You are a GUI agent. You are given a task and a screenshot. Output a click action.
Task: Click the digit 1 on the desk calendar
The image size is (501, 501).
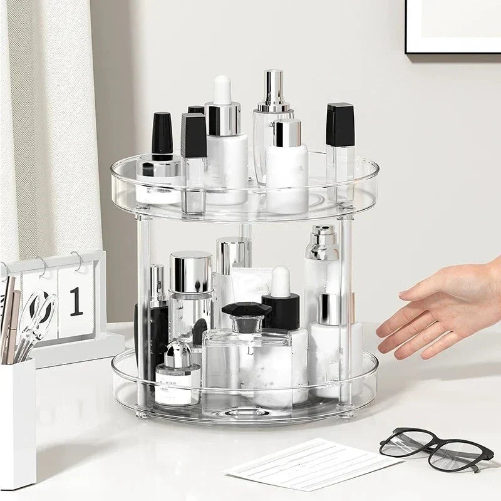[x=76, y=302]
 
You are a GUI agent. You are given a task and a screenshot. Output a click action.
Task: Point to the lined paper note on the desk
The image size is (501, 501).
[x=313, y=464]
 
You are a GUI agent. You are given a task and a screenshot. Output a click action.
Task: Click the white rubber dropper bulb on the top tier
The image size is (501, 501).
[x=222, y=90]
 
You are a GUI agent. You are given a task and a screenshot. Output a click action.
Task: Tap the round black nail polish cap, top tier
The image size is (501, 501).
[x=162, y=133]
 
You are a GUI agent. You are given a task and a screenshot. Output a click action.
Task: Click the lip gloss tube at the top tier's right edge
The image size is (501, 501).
[x=340, y=150]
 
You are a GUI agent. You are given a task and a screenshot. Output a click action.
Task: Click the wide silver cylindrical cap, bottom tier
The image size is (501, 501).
[x=190, y=272]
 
